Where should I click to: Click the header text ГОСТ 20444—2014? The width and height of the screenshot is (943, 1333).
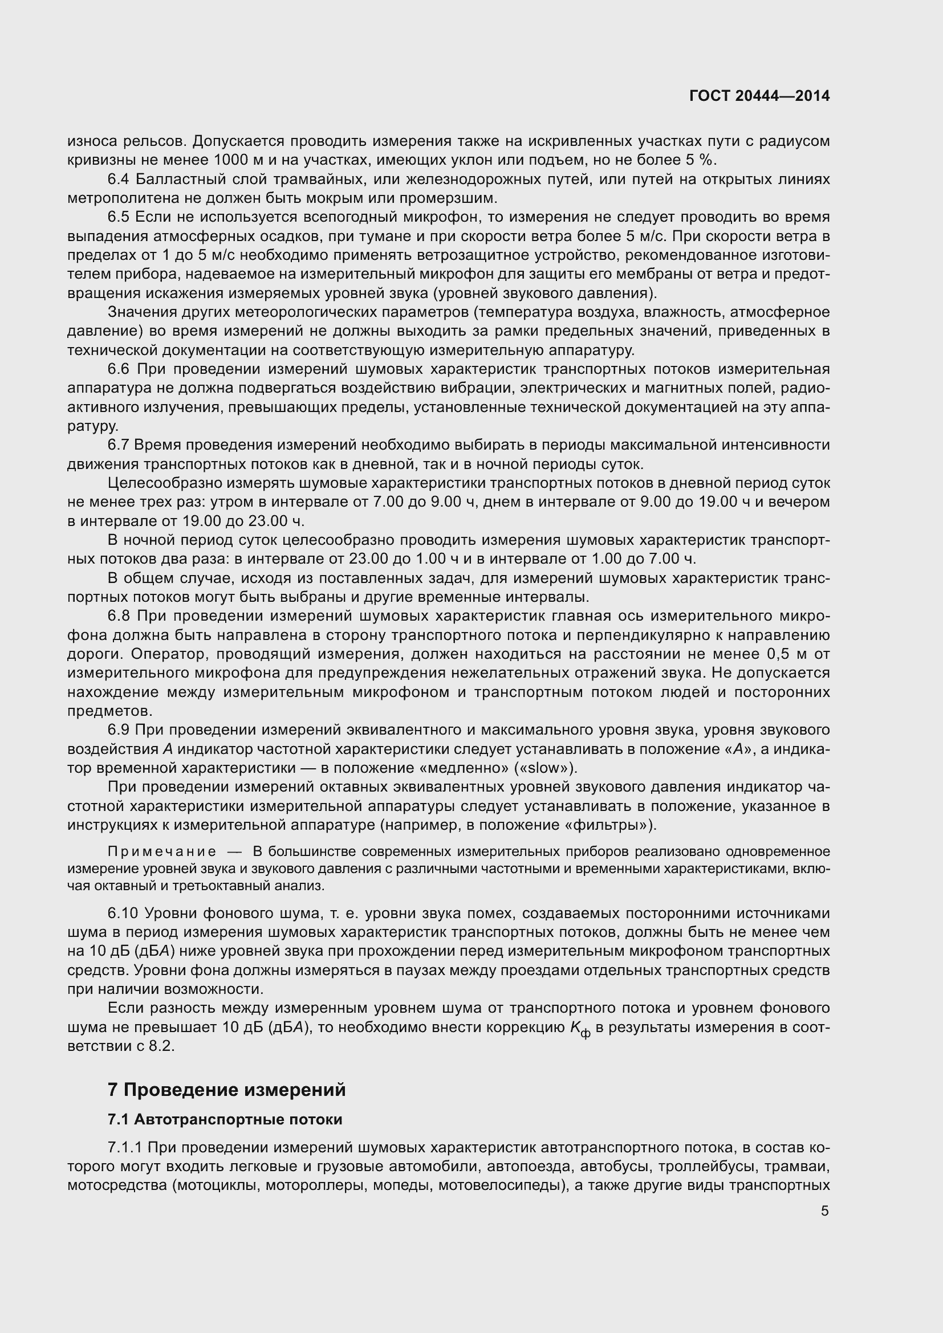(x=759, y=96)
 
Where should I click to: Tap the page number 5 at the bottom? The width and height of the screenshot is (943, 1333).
(x=824, y=1211)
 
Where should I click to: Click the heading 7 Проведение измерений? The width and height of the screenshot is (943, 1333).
(x=226, y=1090)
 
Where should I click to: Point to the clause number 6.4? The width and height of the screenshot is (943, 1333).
(x=119, y=180)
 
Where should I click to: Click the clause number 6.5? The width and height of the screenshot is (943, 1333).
(x=119, y=217)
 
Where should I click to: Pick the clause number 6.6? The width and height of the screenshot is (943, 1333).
(x=119, y=369)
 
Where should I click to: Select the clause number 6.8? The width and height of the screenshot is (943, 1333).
(x=119, y=615)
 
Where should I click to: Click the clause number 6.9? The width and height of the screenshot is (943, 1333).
(x=119, y=729)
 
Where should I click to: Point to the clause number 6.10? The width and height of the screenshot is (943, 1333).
(x=123, y=913)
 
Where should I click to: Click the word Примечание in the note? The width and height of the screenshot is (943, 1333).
(x=162, y=851)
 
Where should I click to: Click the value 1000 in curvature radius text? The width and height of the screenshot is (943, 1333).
(x=233, y=160)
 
